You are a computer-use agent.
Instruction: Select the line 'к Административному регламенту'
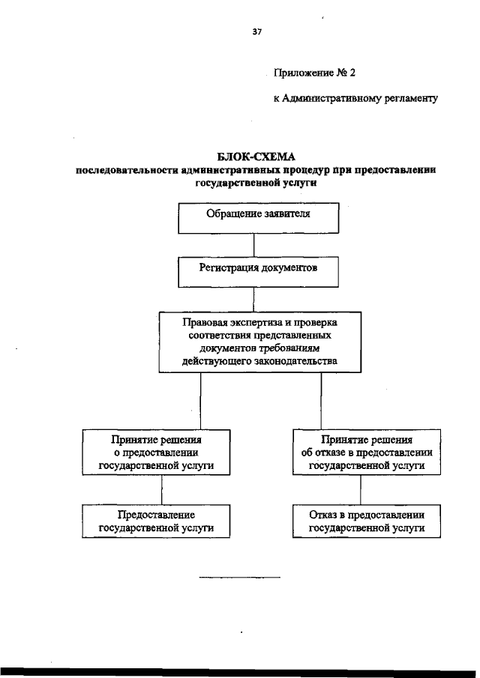354,98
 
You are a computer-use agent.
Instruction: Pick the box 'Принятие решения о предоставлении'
156,452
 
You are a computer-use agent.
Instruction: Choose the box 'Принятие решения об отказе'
367,452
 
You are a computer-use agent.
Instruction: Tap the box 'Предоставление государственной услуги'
156,521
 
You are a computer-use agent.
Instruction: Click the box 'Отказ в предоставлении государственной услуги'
367,521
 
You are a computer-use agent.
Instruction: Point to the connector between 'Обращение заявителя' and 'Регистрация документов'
255,245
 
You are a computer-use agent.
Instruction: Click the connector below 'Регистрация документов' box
255,299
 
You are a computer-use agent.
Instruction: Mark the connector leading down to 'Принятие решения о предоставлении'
201,400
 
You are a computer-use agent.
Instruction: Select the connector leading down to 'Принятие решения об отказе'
322,400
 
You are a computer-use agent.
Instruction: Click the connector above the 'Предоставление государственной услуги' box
163,490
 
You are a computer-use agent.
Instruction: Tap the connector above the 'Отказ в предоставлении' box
361,490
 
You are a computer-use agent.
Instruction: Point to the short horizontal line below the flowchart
239,578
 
